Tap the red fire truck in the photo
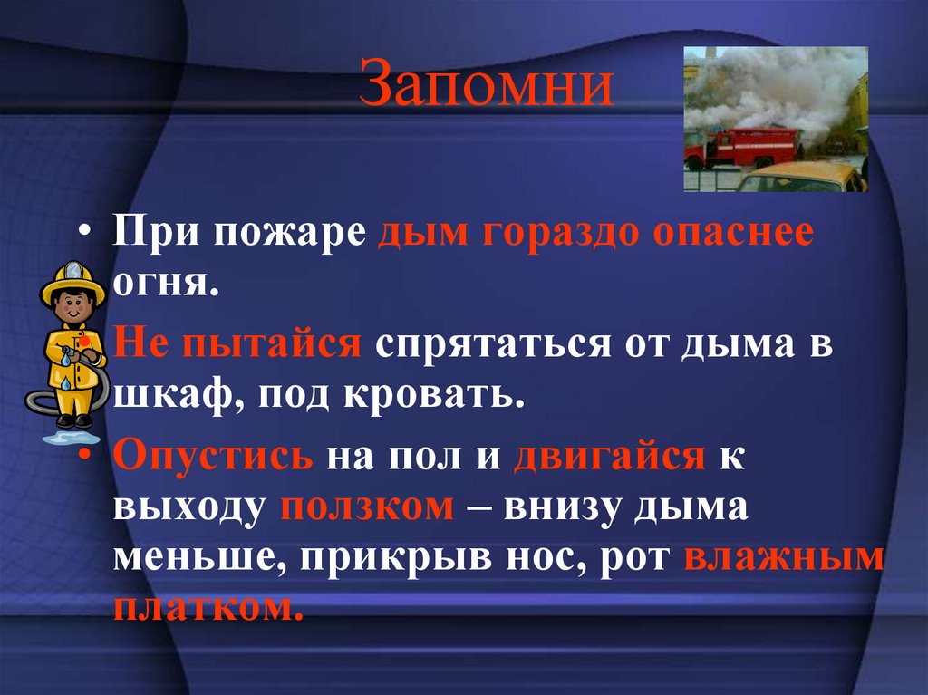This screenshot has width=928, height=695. pos(743,148)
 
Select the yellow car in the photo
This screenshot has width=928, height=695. pos(802,178)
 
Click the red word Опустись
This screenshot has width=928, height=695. pos(214,453)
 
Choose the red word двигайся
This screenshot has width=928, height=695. pos(609,453)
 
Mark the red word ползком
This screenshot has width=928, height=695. pos(367,505)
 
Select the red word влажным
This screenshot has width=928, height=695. pos(784,555)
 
